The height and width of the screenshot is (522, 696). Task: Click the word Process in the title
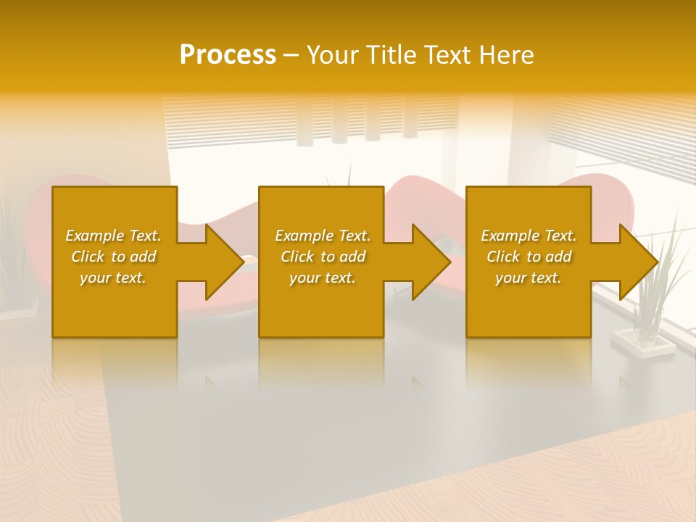[228, 55]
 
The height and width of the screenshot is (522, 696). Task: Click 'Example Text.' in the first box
[113, 236]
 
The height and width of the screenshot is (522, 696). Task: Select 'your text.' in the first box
[113, 278]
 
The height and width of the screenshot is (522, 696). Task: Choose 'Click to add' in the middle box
[323, 257]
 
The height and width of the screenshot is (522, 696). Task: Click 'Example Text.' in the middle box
[323, 236]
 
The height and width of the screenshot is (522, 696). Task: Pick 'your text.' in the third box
[529, 278]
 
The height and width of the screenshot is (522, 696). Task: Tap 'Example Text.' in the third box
[529, 236]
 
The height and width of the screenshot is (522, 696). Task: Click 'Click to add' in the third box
[529, 257]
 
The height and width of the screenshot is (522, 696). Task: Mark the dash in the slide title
[291, 56]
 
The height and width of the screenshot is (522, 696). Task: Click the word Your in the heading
[333, 55]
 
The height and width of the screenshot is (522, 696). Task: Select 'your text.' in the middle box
[323, 278]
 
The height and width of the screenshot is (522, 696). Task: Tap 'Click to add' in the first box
[113, 257]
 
